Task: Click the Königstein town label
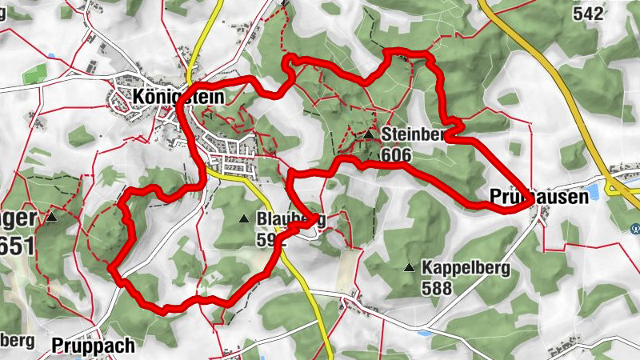tap(170, 96)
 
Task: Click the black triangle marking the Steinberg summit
tap(368, 135)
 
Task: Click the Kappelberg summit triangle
tap(410, 267)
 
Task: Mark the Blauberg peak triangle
tap(244, 218)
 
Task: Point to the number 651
tap(18, 244)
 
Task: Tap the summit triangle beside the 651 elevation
tap(52, 217)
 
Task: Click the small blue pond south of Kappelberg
tap(424, 330)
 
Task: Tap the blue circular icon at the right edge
tap(636, 226)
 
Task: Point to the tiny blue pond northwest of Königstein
tap(52, 56)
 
